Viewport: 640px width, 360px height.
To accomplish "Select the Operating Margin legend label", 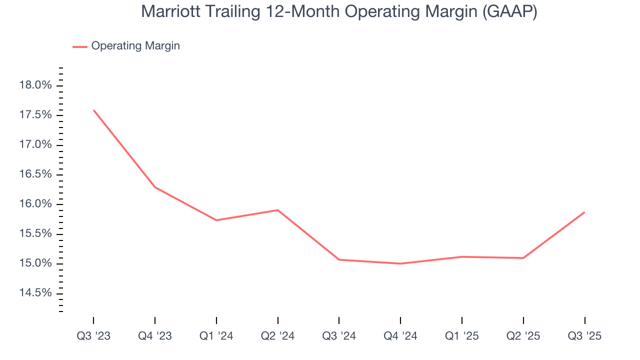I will pos(135,46).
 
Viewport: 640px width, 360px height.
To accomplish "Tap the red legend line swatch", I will pos(80,46).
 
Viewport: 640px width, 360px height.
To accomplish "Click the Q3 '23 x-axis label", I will pos(93,336).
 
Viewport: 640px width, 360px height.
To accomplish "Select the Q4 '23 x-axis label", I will pos(155,336).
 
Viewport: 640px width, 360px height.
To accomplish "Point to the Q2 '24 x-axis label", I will pos(277,336).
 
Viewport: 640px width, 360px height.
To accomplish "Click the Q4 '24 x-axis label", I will pos(400,336).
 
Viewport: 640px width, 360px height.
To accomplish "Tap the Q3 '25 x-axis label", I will pos(584,336).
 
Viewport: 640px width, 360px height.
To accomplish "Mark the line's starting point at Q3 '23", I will pos(94,110).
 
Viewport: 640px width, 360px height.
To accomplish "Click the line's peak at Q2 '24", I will pos(277,210).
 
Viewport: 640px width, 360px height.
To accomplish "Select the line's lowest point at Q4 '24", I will pos(400,263).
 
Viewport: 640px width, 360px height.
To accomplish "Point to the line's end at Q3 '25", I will pos(584,212).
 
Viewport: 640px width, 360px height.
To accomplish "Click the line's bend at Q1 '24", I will pos(216,220).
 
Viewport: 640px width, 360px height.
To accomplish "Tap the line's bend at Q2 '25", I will pos(523,258).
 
